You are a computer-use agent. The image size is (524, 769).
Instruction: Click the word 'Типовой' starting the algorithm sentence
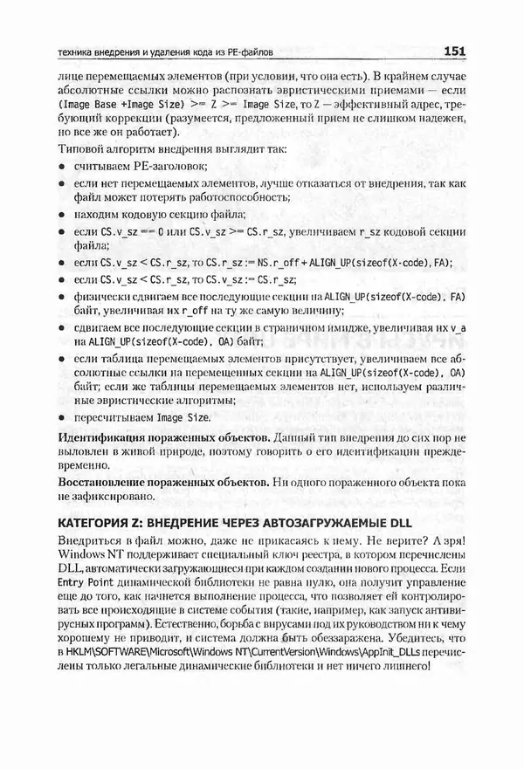pos(79,148)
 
